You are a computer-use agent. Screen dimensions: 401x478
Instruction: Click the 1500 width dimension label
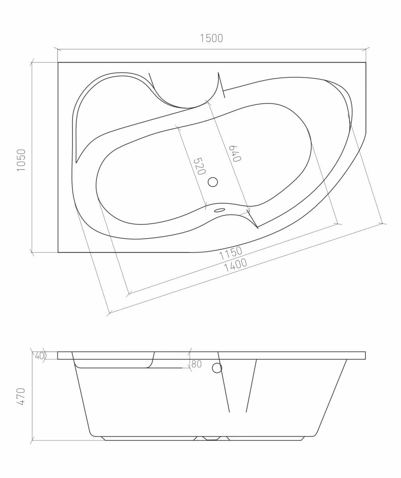211,38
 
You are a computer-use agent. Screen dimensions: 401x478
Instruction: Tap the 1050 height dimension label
21,160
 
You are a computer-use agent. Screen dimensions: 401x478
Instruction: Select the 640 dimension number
235,154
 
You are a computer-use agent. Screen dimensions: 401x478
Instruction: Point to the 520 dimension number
199,166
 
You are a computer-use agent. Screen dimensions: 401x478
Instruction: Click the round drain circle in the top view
213,182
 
